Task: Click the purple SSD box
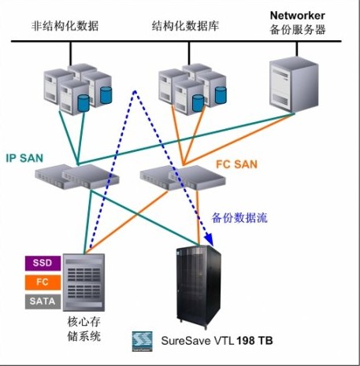coord(43,263)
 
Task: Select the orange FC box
coord(43,283)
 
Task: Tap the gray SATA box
coord(43,301)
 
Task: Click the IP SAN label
coord(24,158)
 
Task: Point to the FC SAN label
coord(236,165)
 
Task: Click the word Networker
coord(298,15)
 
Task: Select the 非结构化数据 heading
coord(65,26)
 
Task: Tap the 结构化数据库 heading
coord(185,26)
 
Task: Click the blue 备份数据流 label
coord(239,218)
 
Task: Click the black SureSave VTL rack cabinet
coord(199,287)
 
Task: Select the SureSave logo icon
coord(142,341)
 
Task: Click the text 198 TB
coord(254,341)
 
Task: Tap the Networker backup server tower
coord(294,86)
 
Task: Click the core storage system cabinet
coord(84,283)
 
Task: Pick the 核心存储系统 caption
coord(84,329)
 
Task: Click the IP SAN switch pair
coord(77,176)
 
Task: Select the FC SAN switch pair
coord(183,178)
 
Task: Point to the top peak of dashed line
coord(135,91)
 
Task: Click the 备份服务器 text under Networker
coord(298,30)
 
